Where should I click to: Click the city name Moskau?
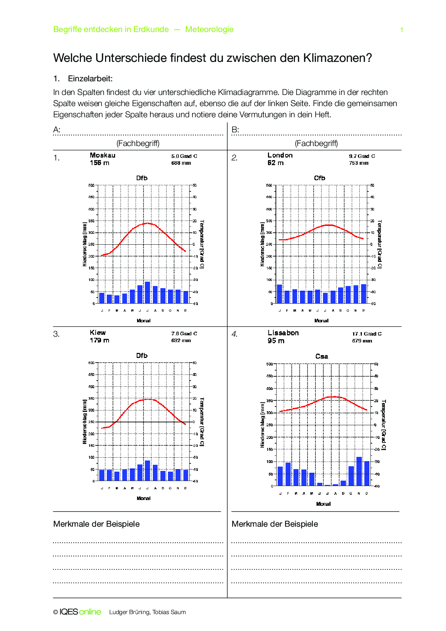pos(103,155)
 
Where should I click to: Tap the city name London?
pos(280,155)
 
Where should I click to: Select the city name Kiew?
pos(98,333)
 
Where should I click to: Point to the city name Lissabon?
pos(283,333)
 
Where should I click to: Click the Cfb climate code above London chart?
pos(319,178)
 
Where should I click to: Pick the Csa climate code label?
pos(322,357)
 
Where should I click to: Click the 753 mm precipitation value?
pos(359,163)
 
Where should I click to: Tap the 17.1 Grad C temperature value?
pos(367,334)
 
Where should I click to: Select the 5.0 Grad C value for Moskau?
pos(184,156)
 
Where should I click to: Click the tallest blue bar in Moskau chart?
pos(147,292)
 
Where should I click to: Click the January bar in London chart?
pos(279,294)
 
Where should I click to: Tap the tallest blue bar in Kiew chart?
pos(147,471)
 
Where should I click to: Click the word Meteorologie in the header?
pos(209,29)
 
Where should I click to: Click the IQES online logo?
pos(80,612)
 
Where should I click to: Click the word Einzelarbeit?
pos(90,79)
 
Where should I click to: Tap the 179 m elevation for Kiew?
pos(99,340)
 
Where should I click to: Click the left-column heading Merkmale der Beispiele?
pos(96,524)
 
